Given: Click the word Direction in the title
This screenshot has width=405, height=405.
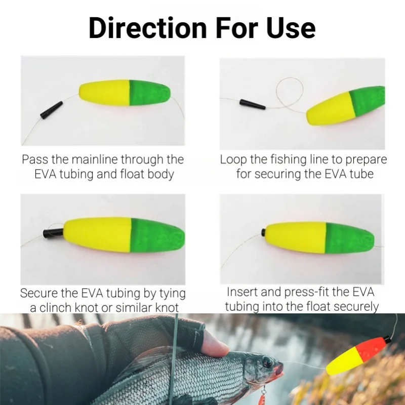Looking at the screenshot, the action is [x=148, y=28].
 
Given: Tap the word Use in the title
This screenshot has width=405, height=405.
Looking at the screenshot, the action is [x=291, y=28].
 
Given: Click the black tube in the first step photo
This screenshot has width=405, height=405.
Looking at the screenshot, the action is [x=52, y=110].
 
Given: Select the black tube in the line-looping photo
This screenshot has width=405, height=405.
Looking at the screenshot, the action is [x=253, y=104].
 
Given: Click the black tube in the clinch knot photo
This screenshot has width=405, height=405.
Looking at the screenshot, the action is [x=53, y=233].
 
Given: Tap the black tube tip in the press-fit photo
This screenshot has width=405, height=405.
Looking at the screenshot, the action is [x=264, y=232].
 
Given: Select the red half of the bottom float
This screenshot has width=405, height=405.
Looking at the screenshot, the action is [x=370, y=349].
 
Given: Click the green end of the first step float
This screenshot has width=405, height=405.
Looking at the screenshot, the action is [x=150, y=93].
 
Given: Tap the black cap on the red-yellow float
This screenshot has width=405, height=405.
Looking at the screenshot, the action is [x=387, y=339].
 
